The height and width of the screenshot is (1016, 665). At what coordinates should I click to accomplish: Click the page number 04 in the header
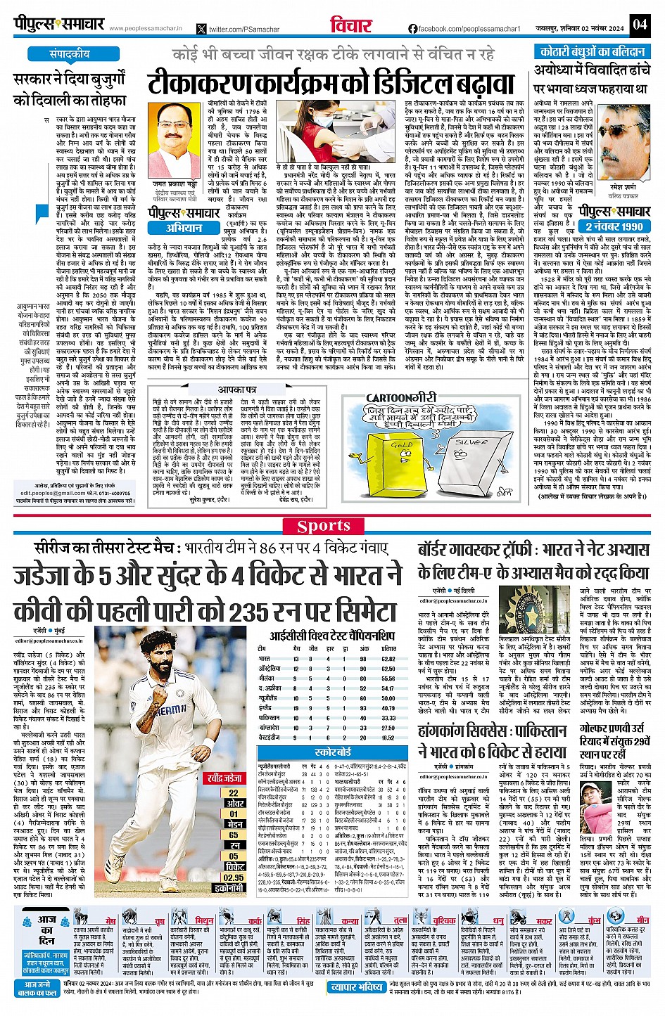(x=638, y=25)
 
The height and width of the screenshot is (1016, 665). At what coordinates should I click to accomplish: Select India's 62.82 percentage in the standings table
(x=388, y=659)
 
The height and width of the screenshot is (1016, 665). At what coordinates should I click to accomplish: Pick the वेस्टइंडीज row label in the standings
(x=270, y=738)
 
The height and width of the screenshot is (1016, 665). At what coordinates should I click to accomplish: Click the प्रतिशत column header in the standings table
(x=388, y=648)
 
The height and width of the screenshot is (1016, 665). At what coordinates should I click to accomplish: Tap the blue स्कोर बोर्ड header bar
(x=333, y=752)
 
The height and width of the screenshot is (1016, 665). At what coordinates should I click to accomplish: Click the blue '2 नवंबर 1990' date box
(x=614, y=226)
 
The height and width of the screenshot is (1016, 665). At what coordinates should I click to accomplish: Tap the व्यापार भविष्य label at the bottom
(x=358, y=987)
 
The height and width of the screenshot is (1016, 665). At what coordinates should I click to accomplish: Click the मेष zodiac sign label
(x=110, y=920)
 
